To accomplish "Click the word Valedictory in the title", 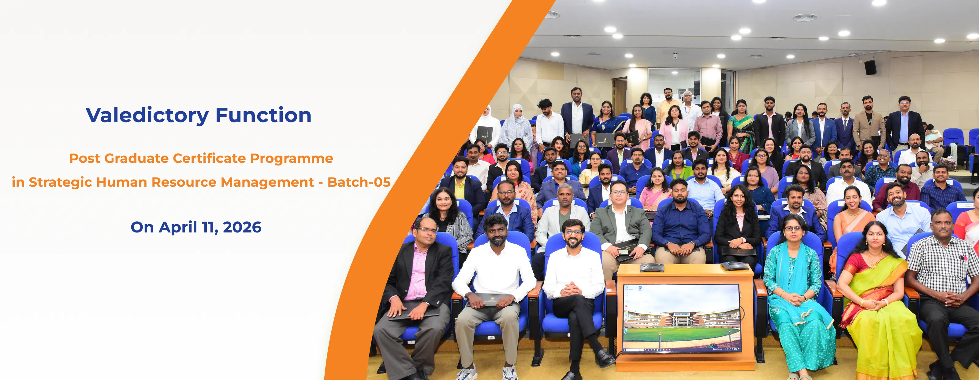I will [147, 115].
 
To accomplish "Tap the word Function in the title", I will [263, 115].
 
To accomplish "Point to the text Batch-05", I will [359, 182].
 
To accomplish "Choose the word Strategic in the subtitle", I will [61, 182].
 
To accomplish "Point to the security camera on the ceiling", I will [675, 56].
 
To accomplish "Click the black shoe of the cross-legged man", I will [604, 358].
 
